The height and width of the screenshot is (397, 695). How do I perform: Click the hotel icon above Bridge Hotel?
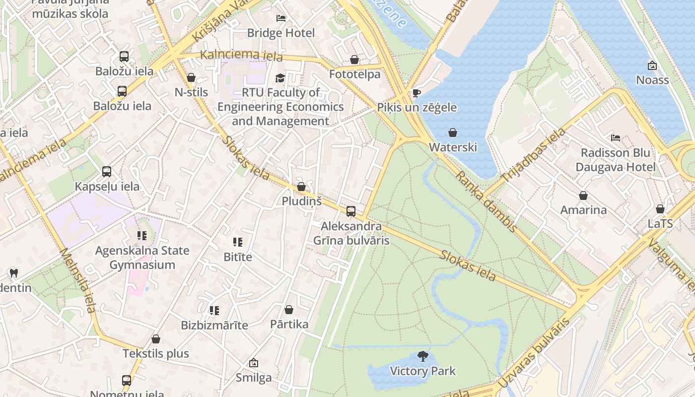[x=280, y=18]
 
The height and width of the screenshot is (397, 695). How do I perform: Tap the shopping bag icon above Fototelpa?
[x=354, y=60]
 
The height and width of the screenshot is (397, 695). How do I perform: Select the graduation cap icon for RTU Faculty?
[x=280, y=78]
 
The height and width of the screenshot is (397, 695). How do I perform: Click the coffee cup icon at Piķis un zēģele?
[x=417, y=93]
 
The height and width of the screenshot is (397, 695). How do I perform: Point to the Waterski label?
[x=453, y=147]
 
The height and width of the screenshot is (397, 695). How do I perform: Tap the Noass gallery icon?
[x=652, y=66]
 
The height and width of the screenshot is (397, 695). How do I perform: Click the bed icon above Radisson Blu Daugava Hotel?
[x=616, y=138]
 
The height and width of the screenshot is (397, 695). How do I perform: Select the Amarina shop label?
[x=583, y=210]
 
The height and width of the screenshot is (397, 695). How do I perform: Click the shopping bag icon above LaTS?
[x=660, y=209]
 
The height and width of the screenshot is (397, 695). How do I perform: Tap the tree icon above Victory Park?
[x=423, y=356]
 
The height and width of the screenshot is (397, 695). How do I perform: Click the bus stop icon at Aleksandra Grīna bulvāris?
[x=351, y=211]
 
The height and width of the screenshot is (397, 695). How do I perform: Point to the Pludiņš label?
[x=301, y=201]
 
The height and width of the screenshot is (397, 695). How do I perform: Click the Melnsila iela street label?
[x=77, y=280]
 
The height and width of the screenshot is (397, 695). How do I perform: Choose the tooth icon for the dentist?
[x=14, y=273]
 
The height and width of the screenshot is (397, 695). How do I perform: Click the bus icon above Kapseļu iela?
[x=107, y=172]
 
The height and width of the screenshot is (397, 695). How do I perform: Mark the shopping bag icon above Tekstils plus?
[x=156, y=339]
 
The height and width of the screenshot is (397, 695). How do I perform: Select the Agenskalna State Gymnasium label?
[x=142, y=258]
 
